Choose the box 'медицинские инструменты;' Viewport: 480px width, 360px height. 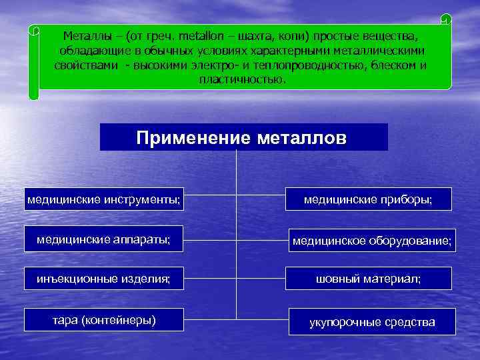104,199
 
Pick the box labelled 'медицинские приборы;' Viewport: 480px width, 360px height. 368,199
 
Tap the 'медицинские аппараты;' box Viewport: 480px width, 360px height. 104,239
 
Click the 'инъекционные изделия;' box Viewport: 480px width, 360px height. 104,278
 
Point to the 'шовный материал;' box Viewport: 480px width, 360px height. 368,278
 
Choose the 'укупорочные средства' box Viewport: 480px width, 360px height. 372,322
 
